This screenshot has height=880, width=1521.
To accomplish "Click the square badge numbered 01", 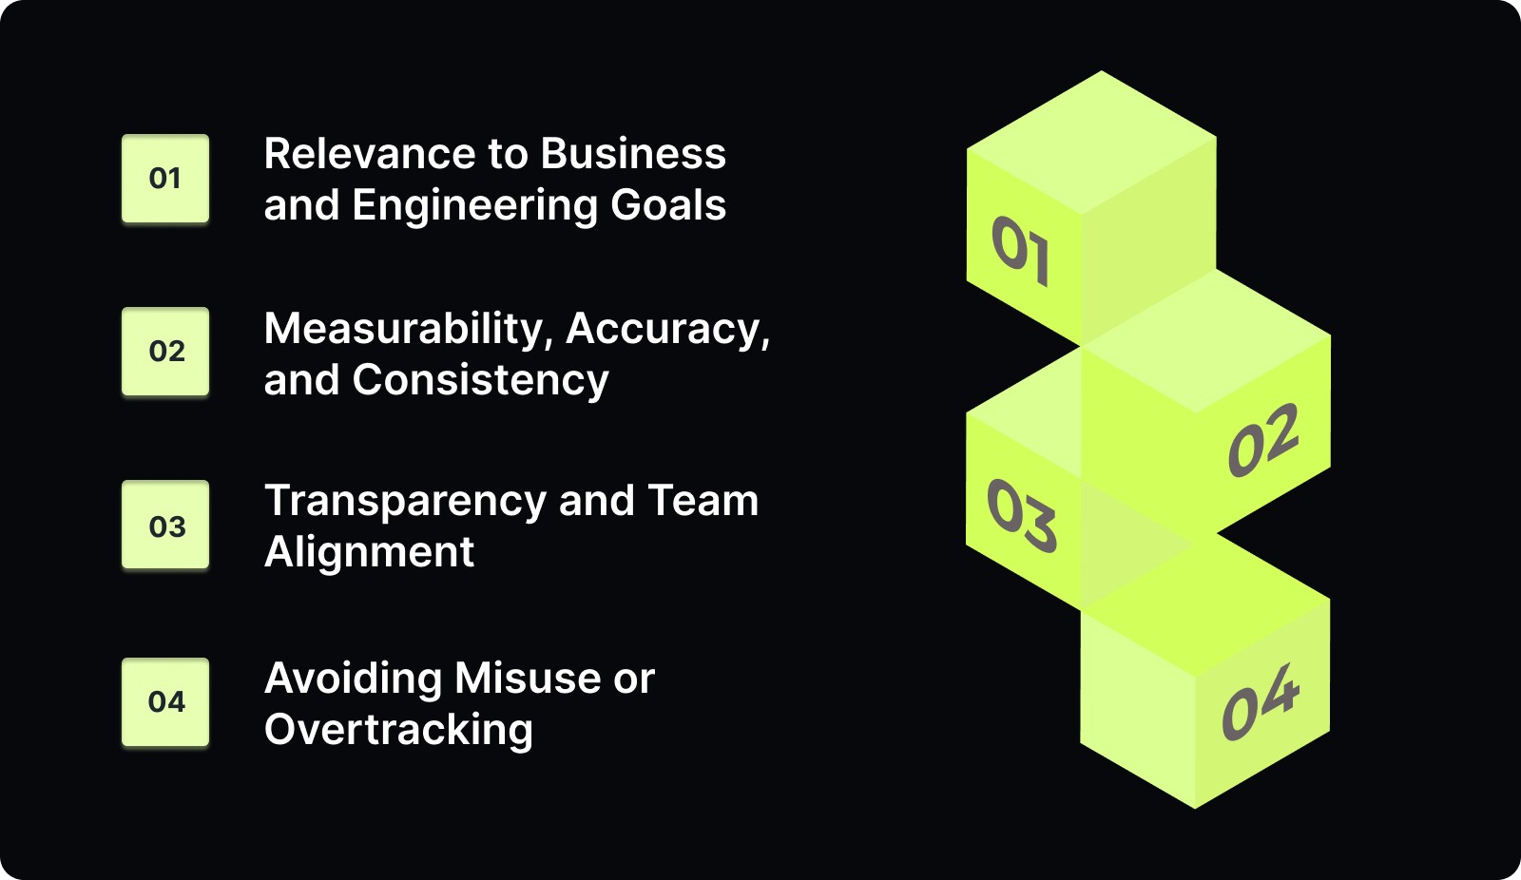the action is pyautogui.click(x=165, y=179).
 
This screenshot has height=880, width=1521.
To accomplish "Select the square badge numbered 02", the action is pyautogui.click(x=165, y=352).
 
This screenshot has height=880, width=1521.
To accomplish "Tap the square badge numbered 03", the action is pyautogui.click(x=165, y=526).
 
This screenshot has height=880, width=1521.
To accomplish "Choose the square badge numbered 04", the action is pyautogui.click(x=165, y=701).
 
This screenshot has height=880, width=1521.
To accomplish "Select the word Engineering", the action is pyautogui.click(x=474, y=206).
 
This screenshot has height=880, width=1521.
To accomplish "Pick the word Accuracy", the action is pyautogui.click(x=667, y=330).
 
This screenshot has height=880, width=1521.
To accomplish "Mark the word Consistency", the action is pyautogui.click(x=480, y=380).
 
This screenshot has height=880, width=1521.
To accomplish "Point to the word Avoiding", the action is pyautogui.click(x=353, y=679).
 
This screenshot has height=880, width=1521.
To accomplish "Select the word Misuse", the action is pyautogui.click(x=528, y=679).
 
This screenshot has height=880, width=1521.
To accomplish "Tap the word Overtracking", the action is pyautogui.click(x=398, y=730).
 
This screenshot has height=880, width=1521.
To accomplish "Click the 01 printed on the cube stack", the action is pyautogui.click(x=1021, y=251).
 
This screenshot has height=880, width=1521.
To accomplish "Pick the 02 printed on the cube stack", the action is pyautogui.click(x=1263, y=440).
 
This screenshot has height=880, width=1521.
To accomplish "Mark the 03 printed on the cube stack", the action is pyautogui.click(x=1022, y=515).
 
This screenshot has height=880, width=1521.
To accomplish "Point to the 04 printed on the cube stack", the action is pyautogui.click(x=1261, y=703).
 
